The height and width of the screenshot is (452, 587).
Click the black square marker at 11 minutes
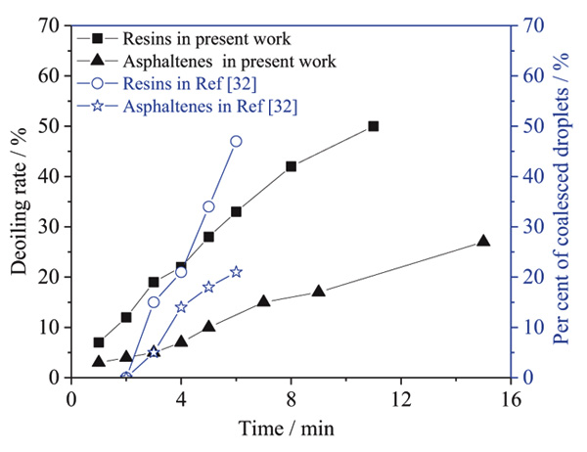pyautogui.click(x=373, y=126)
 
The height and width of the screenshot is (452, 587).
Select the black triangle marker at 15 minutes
pyautogui.click(x=483, y=241)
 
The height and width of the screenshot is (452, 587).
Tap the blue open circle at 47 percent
pyautogui.click(x=236, y=141)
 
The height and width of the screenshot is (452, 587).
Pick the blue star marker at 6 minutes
pyautogui.click(x=236, y=272)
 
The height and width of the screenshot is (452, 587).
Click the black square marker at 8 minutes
pyautogui.click(x=291, y=166)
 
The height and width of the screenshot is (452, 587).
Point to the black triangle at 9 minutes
pyautogui.click(x=318, y=292)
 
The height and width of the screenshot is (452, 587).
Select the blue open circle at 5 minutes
pyautogui.click(x=208, y=206)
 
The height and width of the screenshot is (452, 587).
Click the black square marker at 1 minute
pyautogui.click(x=99, y=342)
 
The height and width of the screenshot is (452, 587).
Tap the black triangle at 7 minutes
pyautogui.click(x=263, y=301)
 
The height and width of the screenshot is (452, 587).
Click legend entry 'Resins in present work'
pyautogui.click(x=206, y=39)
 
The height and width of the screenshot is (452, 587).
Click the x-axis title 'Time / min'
pyautogui.click(x=292, y=428)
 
